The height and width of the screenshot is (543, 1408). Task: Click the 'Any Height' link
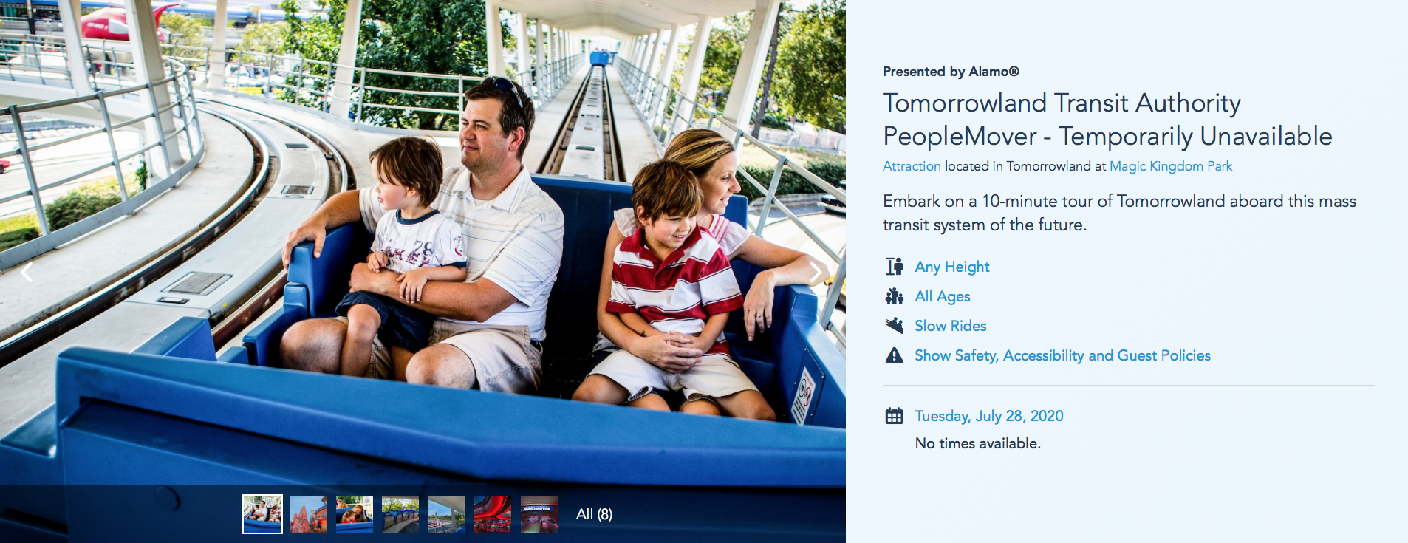click(951, 267)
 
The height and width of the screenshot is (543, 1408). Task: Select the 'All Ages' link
click(942, 296)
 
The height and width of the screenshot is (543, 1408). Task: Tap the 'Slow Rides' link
click(950, 326)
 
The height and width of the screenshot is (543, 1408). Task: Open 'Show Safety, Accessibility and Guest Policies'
click(1062, 355)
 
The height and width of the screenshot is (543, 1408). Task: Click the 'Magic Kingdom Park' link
click(1171, 166)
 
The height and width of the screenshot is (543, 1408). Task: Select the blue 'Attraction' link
click(912, 166)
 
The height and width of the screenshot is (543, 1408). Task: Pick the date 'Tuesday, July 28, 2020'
click(989, 416)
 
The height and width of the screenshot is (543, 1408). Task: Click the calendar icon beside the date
click(894, 416)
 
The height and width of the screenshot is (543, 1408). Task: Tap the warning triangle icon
click(894, 355)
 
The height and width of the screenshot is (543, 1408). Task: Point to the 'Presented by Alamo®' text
click(951, 72)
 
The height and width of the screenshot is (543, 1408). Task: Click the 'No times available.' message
click(977, 443)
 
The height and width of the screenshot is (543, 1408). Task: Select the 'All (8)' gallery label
click(594, 514)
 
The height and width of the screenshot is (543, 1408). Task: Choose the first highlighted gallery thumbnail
click(262, 514)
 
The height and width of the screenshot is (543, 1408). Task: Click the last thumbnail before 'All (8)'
click(539, 514)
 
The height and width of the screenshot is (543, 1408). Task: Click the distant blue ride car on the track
click(602, 57)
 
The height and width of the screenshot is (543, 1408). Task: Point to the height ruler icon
click(894, 266)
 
